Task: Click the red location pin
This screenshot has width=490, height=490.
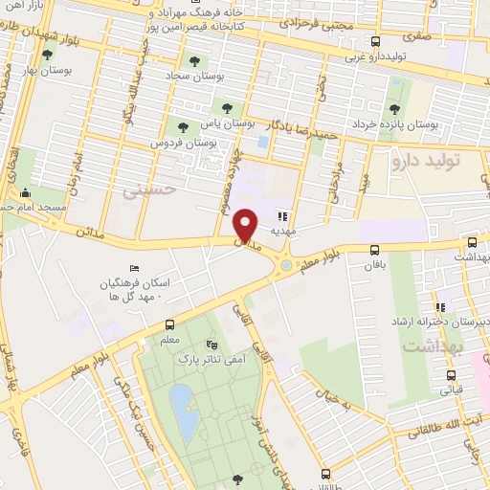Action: tap(247, 224)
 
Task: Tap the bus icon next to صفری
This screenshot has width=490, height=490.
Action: tap(375, 41)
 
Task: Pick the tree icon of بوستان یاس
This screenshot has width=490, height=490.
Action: tap(227, 108)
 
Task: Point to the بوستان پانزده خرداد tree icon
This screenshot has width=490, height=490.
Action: tap(394, 108)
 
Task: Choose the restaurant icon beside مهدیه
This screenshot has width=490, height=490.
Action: tap(282, 216)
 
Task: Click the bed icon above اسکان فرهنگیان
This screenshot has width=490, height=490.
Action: tap(132, 270)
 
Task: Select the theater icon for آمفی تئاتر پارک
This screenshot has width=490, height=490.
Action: tap(212, 344)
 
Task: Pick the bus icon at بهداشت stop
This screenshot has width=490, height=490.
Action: tap(472, 244)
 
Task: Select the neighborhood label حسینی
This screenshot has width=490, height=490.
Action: tap(145, 190)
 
